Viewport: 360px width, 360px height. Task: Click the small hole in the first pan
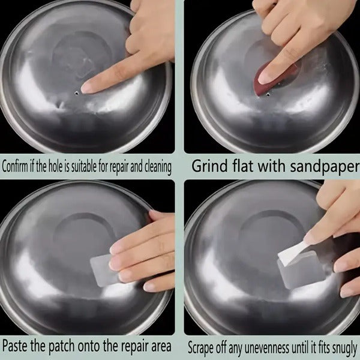pos(76,93)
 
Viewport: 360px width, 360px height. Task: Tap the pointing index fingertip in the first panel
pos(84,88)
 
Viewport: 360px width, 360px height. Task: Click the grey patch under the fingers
pos(102,270)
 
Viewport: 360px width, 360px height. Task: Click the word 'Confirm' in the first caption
pos(14,166)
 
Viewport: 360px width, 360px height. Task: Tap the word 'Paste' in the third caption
pos(15,346)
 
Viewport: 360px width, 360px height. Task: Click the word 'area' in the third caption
pos(161,347)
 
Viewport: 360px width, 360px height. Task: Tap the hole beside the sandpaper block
pos(268,94)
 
